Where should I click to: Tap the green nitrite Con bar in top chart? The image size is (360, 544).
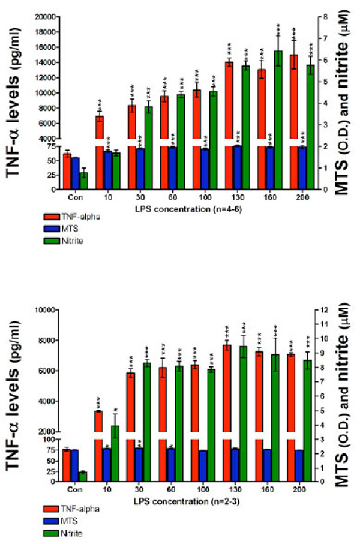click(x=84, y=181)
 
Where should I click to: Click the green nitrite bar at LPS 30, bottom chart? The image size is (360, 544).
click(x=146, y=396)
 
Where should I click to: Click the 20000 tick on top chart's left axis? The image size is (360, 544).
click(x=43, y=17)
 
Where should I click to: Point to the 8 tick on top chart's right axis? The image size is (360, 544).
click(x=322, y=17)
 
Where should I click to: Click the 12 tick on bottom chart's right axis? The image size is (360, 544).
click(x=323, y=310)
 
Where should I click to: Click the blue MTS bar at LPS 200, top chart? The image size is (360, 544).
click(x=302, y=168)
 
